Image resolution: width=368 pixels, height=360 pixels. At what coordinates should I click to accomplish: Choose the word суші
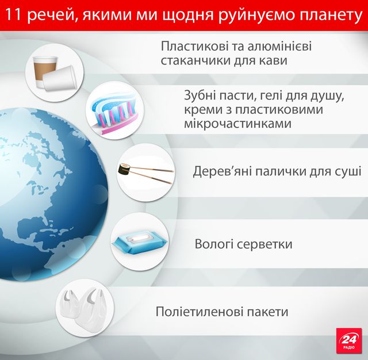pos(348,171)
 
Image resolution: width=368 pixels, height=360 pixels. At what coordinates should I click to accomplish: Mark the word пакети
pos(267,312)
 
